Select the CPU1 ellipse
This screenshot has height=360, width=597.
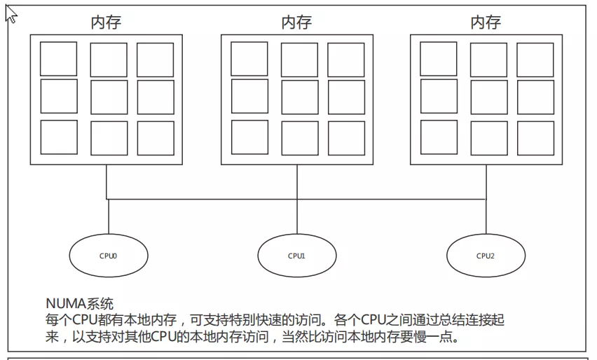click(x=296, y=256)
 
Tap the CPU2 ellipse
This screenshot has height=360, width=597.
click(x=485, y=256)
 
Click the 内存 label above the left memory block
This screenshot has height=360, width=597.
click(x=106, y=22)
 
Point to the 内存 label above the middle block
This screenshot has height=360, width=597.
click(x=296, y=22)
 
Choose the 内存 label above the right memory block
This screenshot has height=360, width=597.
click(x=486, y=22)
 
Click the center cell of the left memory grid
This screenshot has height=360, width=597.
click(x=109, y=97)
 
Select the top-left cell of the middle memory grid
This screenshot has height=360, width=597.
click(x=249, y=60)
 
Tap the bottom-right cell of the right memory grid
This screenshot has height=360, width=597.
click(x=535, y=137)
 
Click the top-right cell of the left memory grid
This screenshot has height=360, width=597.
click(x=155, y=60)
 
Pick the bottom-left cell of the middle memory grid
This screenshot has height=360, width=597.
click(x=249, y=137)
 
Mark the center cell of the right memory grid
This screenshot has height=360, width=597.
click(x=488, y=97)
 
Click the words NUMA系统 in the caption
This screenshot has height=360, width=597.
click(x=79, y=304)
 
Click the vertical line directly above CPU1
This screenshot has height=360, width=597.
click(x=296, y=216)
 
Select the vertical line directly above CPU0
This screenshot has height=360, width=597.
click(x=109, y=216)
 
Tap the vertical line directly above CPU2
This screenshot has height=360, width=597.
click(x=485, y=216)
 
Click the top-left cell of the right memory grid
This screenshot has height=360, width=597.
click(x=439, y=60)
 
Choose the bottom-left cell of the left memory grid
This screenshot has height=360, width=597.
click(x=59, y=137)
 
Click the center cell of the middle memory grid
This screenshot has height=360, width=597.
click(x=299, y=97)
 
